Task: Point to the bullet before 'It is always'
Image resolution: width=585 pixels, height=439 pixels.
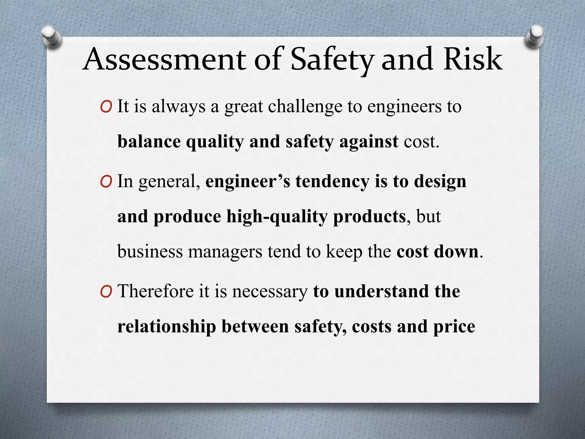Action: tap(106, 107)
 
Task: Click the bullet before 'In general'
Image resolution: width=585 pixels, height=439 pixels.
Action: tap(106, 182)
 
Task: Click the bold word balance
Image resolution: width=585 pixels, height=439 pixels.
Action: tap(149, 141)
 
